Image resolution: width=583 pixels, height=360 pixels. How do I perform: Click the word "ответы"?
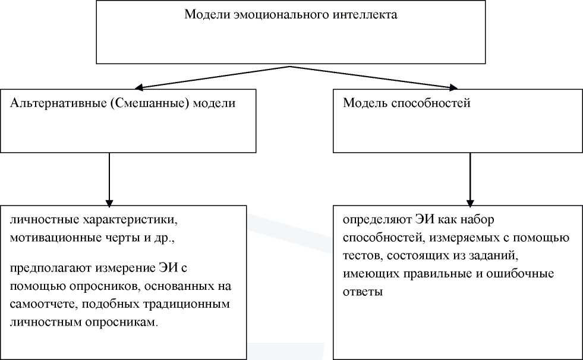click(x=363, y=292)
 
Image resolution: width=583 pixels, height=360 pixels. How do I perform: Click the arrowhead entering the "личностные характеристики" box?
click(x=109, y=201)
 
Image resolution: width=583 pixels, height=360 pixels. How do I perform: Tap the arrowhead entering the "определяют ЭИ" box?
click(x=470, y=201)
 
